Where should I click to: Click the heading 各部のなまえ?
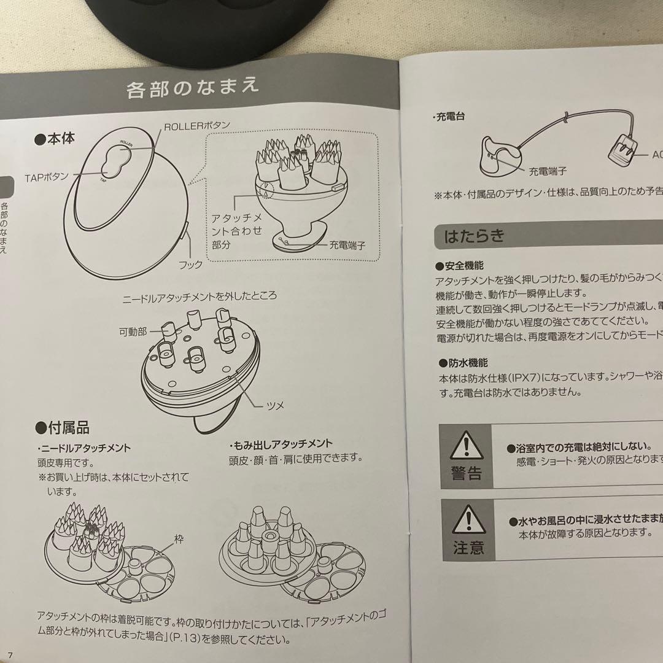tap(192, 87)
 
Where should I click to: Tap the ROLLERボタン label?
tap(196, 125)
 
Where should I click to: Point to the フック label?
tap(190, 265)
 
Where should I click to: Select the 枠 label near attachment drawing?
tap(179, 540)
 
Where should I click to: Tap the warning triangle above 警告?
tap(467, 446)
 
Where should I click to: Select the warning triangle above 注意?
tap(467, 519)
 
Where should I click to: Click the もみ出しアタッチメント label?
tap(281, 444)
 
